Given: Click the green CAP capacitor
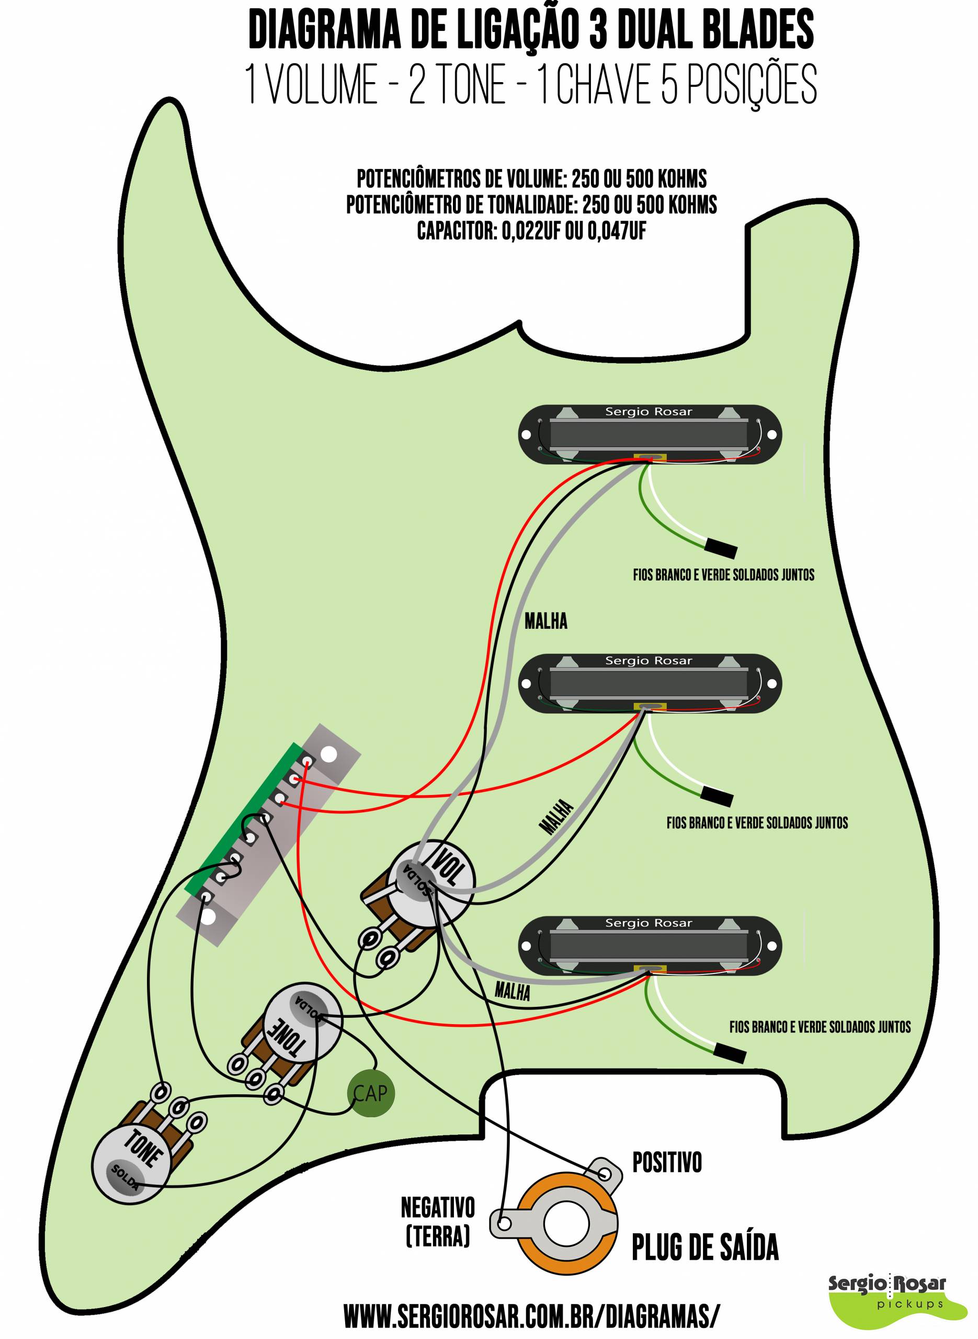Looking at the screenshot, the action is coord(370,1093).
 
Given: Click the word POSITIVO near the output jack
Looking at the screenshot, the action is coord(667,1163).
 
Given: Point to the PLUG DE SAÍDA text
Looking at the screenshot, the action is coord(705,1246).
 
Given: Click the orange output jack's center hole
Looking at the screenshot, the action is coord(566,1224).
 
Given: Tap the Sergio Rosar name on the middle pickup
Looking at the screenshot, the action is coord(648,661).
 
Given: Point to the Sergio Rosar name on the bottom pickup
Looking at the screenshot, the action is coord(648,923).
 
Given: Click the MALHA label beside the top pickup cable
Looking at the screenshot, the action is coord(546,621).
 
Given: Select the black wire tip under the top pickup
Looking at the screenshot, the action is coord(721,549).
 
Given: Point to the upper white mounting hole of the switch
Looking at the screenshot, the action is coord(329,754).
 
